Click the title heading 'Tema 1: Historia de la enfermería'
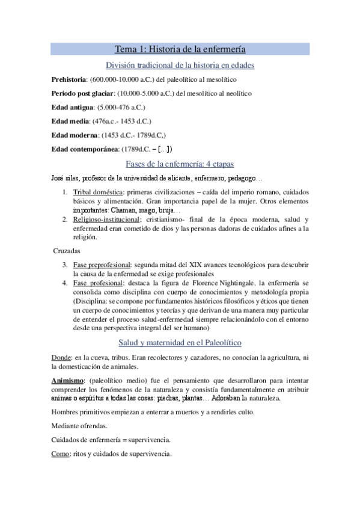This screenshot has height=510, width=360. (180, 50)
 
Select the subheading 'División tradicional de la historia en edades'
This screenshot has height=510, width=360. (180, 65)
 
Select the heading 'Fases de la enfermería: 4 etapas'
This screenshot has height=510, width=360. (180, 164)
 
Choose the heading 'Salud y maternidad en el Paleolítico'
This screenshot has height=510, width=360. (180, 343)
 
